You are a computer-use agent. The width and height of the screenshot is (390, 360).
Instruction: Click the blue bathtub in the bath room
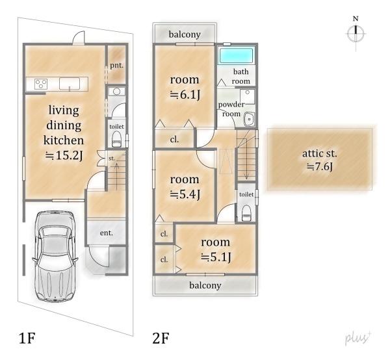(x=236, y=55)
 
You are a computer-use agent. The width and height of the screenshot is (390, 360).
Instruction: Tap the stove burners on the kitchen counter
(x=41, y=84)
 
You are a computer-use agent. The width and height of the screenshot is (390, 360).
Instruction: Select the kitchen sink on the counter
(x=70, y=84)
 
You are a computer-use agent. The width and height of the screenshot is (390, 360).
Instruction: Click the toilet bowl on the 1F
(x=116, y=138)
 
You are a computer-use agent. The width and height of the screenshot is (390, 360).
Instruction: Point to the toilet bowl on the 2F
(x=246, y=212)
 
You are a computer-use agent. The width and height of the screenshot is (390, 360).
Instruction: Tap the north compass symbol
(x=356, y=33)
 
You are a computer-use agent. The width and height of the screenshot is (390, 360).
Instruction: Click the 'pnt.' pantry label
(x=116, y=66)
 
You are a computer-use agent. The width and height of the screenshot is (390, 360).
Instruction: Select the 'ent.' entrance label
(x=107, y=233)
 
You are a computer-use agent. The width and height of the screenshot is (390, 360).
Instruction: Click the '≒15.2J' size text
(x=64, y=156)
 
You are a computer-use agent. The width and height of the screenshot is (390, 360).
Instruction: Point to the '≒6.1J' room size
(x=185, y=95)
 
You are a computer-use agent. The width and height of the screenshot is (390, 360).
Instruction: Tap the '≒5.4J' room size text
(x=185, y=195)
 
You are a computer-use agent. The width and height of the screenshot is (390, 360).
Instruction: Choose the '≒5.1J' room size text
(x=216, y=257)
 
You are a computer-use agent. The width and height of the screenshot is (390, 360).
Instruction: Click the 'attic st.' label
(x=320, y=153)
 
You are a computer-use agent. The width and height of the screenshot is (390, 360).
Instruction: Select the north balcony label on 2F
(x=185, y=34)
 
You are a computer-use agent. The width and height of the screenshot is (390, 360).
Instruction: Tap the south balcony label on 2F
(x=205, y=285)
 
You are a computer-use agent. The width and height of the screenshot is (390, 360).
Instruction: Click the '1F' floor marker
(x=27, y=338)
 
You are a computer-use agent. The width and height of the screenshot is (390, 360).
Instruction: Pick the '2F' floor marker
(x=161, y=338)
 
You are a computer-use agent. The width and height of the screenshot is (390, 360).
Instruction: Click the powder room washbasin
(x=249, y=120)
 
